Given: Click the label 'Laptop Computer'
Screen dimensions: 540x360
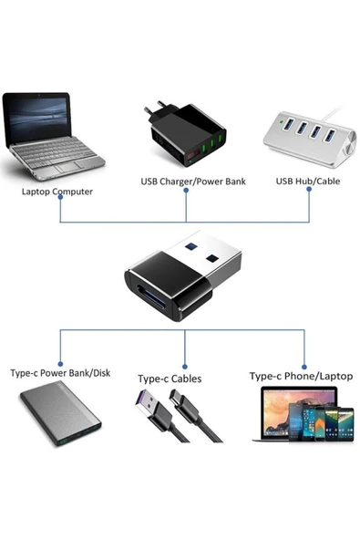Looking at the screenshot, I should pos(57,192).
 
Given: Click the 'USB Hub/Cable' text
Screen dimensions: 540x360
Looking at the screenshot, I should pos(308,181).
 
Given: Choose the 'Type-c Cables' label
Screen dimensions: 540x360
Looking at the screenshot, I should pos(170,378).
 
